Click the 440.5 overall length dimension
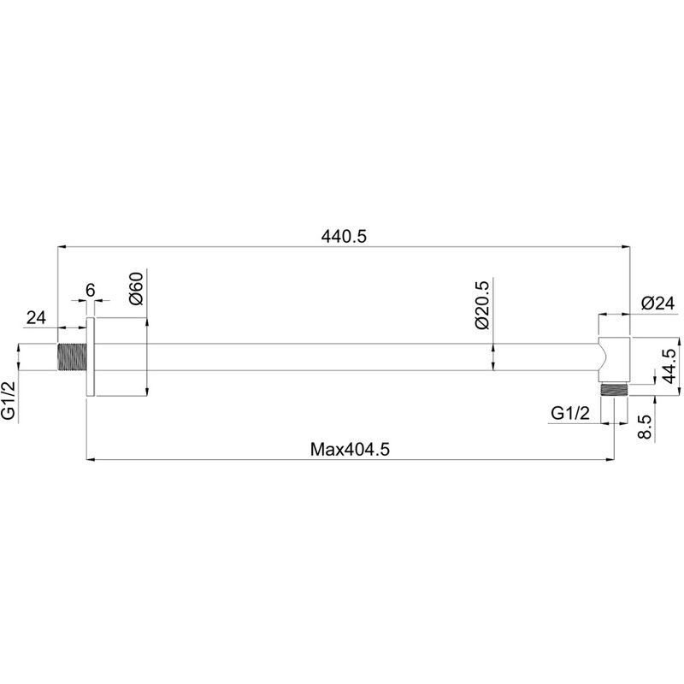(344, 237)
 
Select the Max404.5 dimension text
(350, 449)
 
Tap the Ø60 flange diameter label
(136, 289)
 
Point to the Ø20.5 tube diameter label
(482, 305)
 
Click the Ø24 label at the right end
(657, 304)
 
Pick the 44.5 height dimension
(669, 366)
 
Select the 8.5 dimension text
(645, 426)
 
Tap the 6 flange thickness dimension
(91, 290)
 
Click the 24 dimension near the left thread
(36, 317)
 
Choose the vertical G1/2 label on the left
(9, 400)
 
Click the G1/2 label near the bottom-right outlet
(570, 413)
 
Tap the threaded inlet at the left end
(72, 357)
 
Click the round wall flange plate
(91, 357)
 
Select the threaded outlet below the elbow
(614, 390)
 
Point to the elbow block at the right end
(614, 360)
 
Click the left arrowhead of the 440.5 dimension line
(62, 247)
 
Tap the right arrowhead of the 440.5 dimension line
(626, 247)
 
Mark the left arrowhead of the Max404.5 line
(91, 459)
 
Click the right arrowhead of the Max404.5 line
(610, 459)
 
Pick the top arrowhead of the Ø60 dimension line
(147, 322)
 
